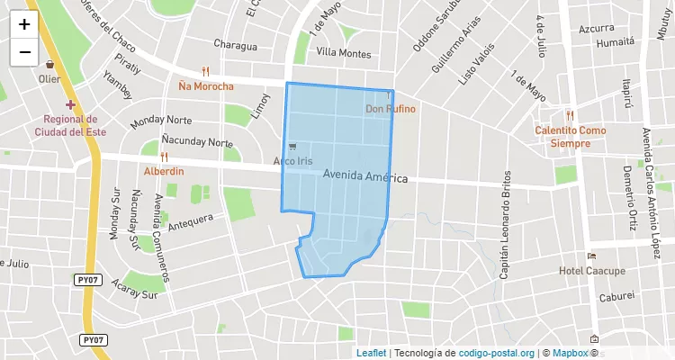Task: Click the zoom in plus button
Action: point(24,24)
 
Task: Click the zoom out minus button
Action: point(24,52)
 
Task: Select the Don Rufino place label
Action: point(391,109)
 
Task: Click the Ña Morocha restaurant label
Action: point(206,86)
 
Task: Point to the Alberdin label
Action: point(164,171)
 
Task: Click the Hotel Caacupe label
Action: point(591,271)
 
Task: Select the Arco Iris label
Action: point(292,162)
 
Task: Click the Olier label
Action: point(49,78)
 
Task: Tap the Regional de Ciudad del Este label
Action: point(66,126)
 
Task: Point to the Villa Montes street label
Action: point(344,54)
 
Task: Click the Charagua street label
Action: point(235,46)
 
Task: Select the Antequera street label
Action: point(190,219)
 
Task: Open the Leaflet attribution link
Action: point(371,353)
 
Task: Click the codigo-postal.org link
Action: point(497,353)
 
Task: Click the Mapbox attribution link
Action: point(570,353)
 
